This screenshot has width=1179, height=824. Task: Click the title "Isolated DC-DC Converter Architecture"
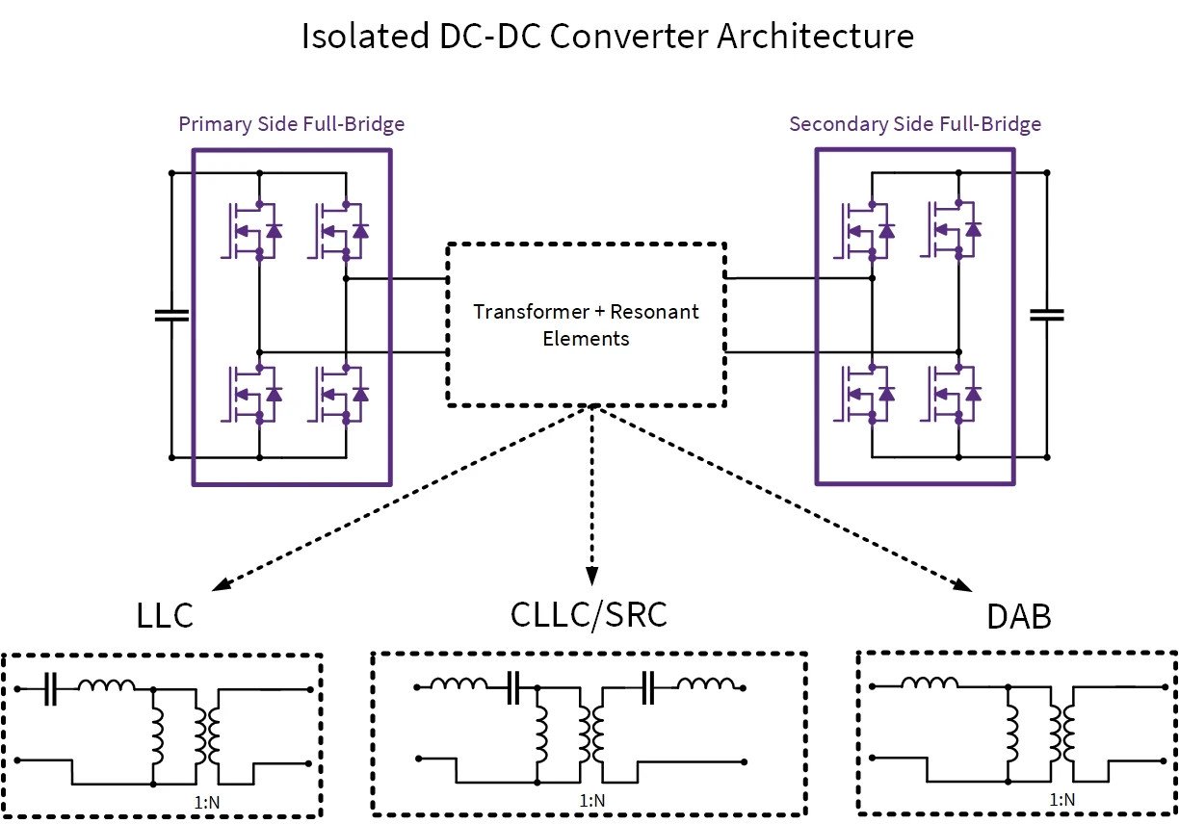(x=607, y=37)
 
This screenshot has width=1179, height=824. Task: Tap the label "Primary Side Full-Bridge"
(x=291, y=124)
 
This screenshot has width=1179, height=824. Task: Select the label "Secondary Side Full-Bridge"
(x=914, y=124)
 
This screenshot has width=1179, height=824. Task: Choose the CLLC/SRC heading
(x=588, y=615)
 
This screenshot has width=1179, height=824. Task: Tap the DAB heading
(x=1018, y=617)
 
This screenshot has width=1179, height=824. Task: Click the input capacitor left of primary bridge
(x=171, y=315)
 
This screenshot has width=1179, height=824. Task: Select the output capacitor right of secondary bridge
(x=1047, y=315)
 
